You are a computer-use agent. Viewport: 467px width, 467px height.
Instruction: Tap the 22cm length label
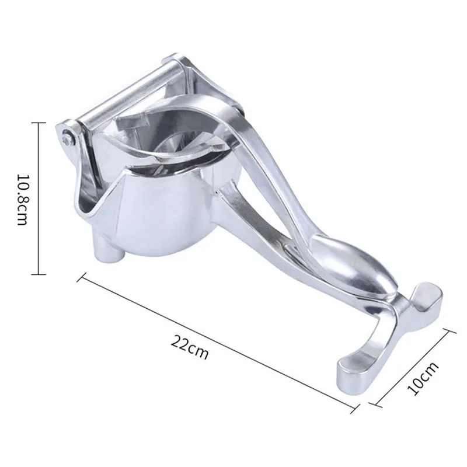(x=190, y=348)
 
